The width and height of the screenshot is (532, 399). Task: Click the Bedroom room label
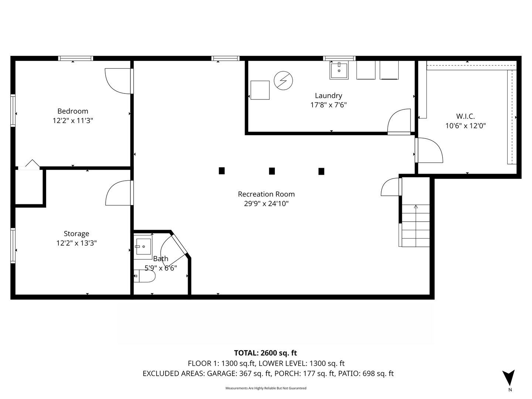click(73, 111)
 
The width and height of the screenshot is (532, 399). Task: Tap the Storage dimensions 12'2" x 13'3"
click(76, 243)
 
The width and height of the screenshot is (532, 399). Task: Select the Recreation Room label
click(266, 194)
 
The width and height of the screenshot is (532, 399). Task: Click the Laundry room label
click(328, 96)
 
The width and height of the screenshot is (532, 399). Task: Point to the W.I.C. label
click(465, 116)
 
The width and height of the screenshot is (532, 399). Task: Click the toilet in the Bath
click(144, 276)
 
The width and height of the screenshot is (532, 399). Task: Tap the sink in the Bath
click(143, 246)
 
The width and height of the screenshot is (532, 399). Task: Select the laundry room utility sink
click(339, 70)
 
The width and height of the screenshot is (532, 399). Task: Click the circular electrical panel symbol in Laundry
click(283, 80)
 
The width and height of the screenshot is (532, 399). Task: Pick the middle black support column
click(272, 171)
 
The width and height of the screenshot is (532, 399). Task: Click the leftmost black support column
click(222, 171)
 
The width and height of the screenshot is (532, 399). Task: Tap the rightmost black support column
click(321, 171)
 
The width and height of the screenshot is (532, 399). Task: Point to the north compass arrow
click(509, 377)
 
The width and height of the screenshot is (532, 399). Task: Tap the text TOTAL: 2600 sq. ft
click(265, 353)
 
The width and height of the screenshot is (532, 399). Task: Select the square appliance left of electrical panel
click(260, 90)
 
